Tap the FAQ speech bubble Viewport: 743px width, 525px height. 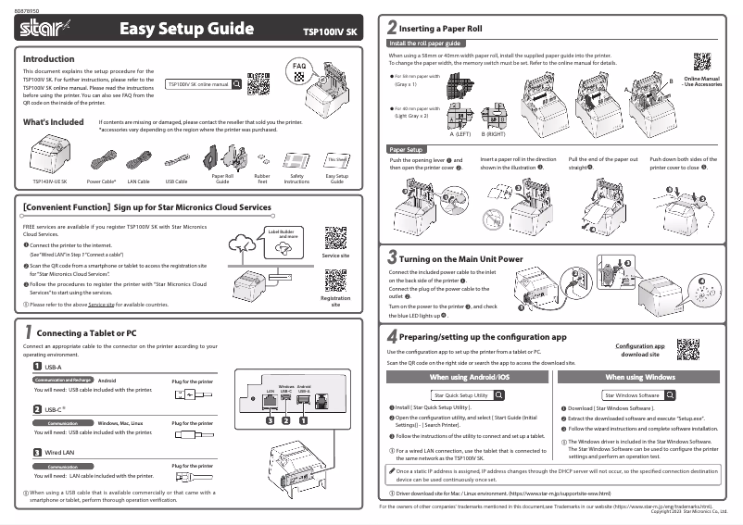298,68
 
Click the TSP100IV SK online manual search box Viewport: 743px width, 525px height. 203,84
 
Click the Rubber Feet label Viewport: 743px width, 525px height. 262,178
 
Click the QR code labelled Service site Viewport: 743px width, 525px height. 334,235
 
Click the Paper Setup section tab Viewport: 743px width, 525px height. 407,149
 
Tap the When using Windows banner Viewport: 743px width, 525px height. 640,378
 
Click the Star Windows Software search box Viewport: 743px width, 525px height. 640,394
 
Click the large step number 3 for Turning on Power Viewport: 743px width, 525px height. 393,257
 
